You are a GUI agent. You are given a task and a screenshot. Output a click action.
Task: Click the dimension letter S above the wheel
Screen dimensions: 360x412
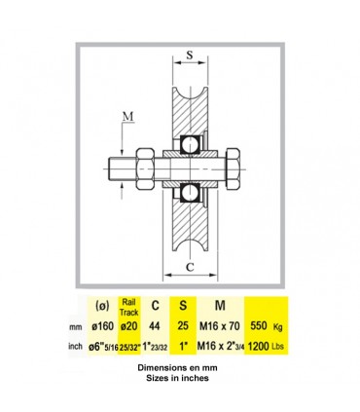(190, 55)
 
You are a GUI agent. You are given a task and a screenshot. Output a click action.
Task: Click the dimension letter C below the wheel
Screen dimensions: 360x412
(190, 267)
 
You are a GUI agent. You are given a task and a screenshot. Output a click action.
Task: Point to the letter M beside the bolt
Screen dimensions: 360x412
(128, 117)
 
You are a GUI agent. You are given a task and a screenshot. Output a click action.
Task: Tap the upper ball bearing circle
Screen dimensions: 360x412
(191, 144)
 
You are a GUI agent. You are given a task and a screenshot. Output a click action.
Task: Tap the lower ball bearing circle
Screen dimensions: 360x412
(191, 193)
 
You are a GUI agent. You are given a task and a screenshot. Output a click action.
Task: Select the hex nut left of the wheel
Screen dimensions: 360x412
(145, 169)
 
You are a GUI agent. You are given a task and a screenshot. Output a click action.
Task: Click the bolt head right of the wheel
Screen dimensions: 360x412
(233, 169)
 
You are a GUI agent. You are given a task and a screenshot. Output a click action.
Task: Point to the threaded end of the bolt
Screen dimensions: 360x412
(123, 169)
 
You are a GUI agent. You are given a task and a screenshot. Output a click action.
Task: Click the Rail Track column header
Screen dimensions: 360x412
(129, 307)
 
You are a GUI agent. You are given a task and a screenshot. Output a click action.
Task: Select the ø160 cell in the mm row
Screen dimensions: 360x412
(103, 325)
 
